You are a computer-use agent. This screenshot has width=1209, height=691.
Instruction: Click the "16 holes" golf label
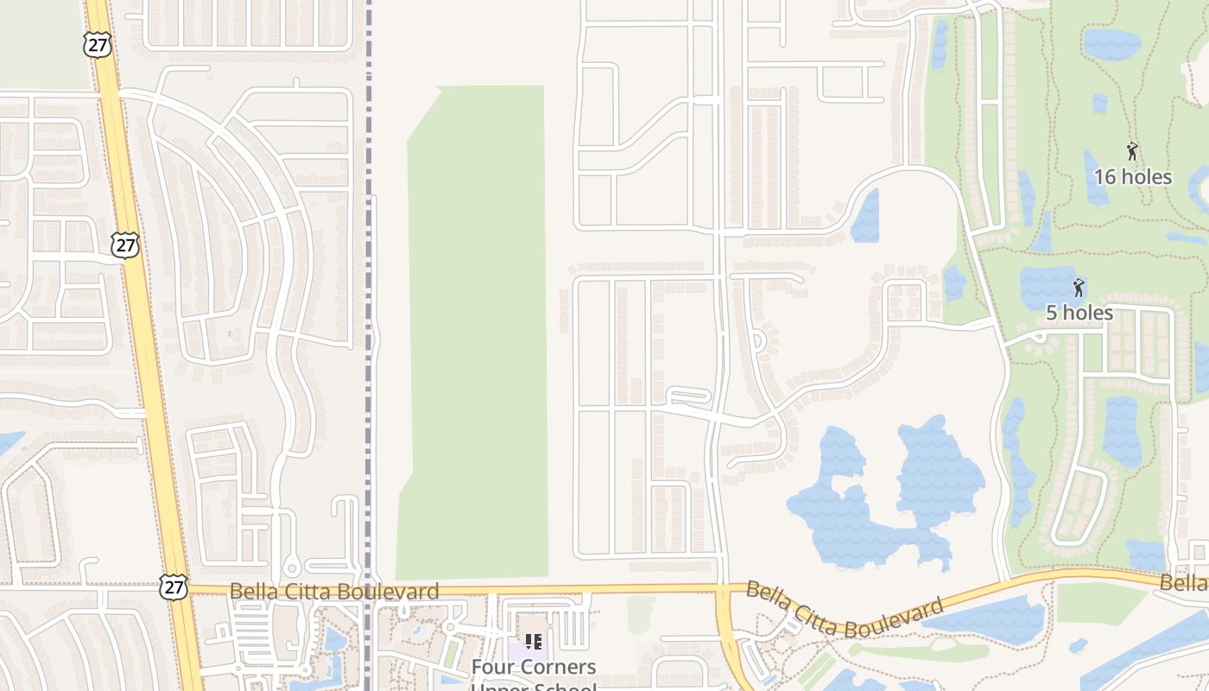[x=1132, y=177]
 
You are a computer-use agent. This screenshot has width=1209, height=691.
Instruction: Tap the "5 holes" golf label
[x=1079, y=313]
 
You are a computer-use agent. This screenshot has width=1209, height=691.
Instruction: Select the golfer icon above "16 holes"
[x=1132, y=152]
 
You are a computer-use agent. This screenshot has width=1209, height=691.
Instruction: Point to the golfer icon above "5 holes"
[x=1079, y=288]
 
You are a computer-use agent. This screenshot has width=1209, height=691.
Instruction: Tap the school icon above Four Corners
[x=534, y=642]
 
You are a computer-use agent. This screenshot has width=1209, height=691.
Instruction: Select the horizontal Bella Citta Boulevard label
[x=334, y=592]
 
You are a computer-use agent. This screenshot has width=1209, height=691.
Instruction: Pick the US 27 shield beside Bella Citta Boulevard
[x=173, y=587]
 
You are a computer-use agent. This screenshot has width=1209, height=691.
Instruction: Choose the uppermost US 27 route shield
[x=98, y=45]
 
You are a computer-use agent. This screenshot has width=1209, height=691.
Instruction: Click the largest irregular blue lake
[x=881, y=501]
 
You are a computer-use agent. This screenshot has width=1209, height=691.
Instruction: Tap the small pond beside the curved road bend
[x=866, y=216]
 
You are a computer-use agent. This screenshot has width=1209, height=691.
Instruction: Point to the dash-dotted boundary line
[x=369, y=259]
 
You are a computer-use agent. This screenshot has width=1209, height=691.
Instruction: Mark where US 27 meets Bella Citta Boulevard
[x=183, y=591]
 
